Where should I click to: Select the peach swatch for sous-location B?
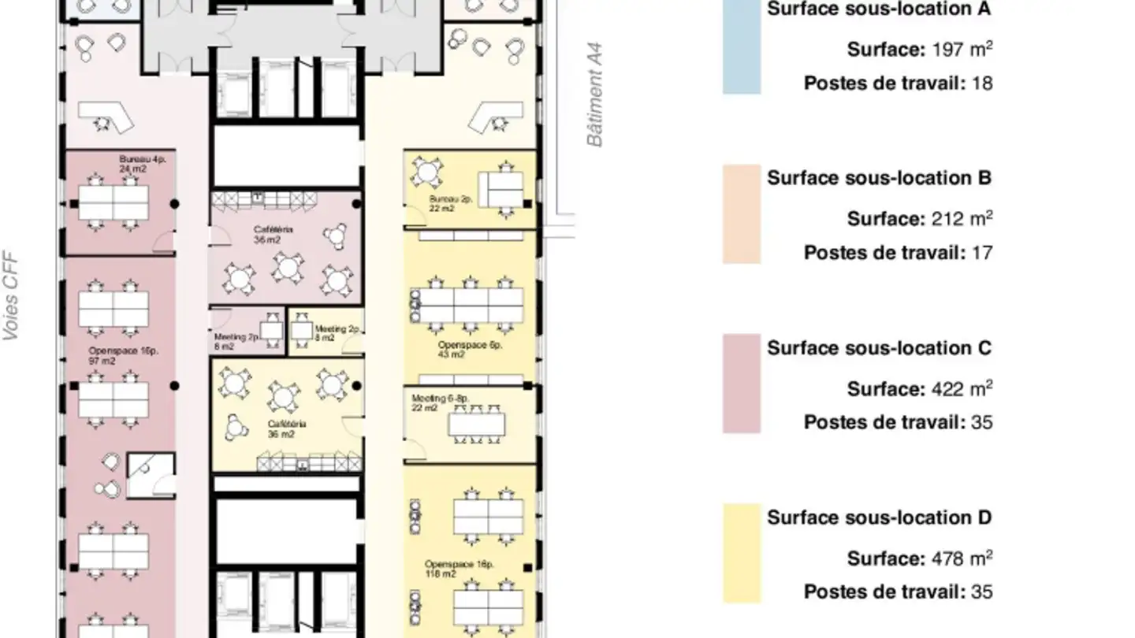tap(742, 213)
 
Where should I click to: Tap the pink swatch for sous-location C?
tap(742, 383)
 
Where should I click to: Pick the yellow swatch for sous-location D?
tap(742, 553)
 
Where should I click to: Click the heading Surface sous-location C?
tap(879, 348)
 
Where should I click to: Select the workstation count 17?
tap(982, 253)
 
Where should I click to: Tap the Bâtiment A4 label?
tap(595, 95)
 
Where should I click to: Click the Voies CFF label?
tap(10, 296)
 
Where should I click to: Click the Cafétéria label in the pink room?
tap(274, 235)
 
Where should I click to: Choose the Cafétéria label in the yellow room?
tap(286, 428)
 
